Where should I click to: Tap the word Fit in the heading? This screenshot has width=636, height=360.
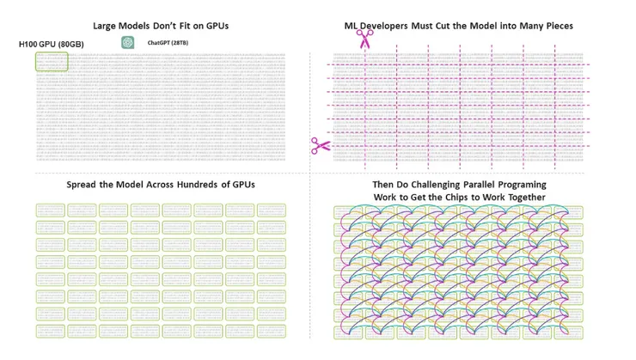[x=194, y=26]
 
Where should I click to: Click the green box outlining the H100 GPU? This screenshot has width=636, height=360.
[x=51, y=61]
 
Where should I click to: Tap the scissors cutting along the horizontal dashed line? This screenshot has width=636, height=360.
[x=321, y=147]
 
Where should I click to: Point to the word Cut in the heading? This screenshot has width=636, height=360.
[x=459, y=26]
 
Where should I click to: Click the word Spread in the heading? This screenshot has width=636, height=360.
[x=84, y=185]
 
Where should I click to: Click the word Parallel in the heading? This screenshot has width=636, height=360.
[x=489, y=185]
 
